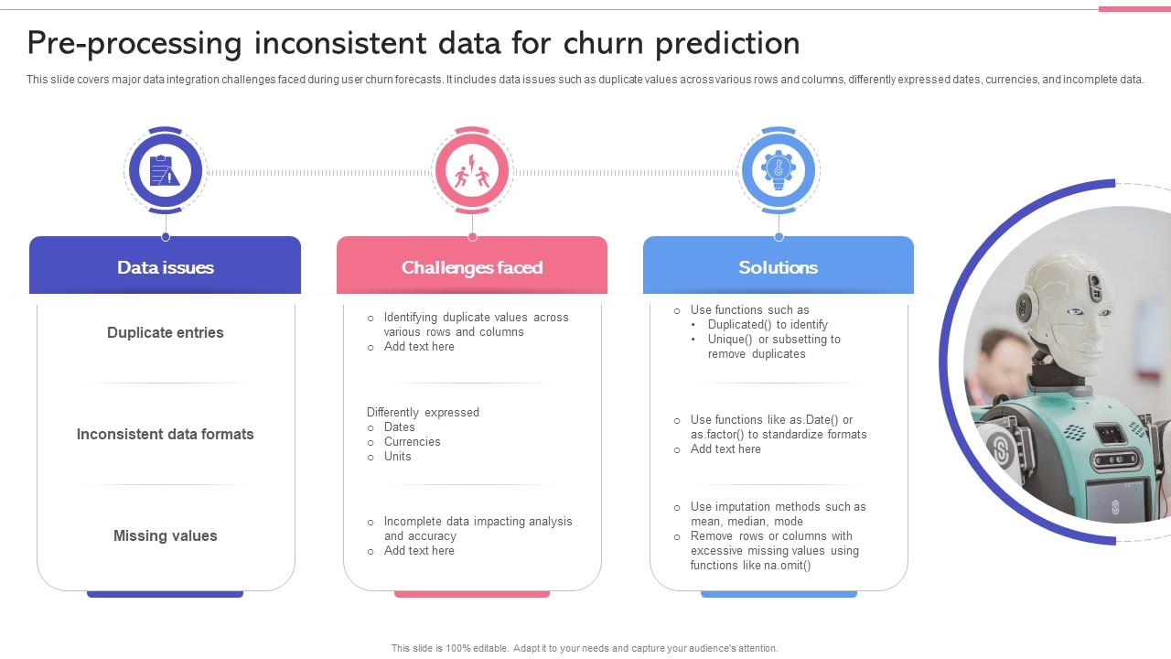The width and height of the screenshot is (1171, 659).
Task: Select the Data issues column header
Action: (x=166, y=267)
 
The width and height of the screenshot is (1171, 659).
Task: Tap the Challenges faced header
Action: (x=472, y=267)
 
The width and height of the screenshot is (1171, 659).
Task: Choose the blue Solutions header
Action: (x=779, y=267)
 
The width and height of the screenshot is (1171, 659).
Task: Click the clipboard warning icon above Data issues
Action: (x=166, y=171)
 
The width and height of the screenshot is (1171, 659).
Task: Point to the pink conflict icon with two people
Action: (x=472, y=171)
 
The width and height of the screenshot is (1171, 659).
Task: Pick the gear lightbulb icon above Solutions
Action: (x=779, y=171)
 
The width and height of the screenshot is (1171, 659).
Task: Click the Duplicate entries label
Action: (x=166, y=332)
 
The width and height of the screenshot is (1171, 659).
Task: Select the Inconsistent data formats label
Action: (x=166, y=434)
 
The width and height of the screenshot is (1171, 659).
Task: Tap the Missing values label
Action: (x=166, y=535)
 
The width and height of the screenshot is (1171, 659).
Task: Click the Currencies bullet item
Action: (x=412, y=441)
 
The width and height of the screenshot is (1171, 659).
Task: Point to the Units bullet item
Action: (x=397, y=456)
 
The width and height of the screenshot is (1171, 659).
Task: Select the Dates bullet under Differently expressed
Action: (x=399, y=427)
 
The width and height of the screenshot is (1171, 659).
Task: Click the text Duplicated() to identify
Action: (x=768, y=324)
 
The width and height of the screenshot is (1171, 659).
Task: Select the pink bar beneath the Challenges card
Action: (x=472, y=594)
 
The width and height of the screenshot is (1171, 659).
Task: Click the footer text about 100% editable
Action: (x=585, y=648)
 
